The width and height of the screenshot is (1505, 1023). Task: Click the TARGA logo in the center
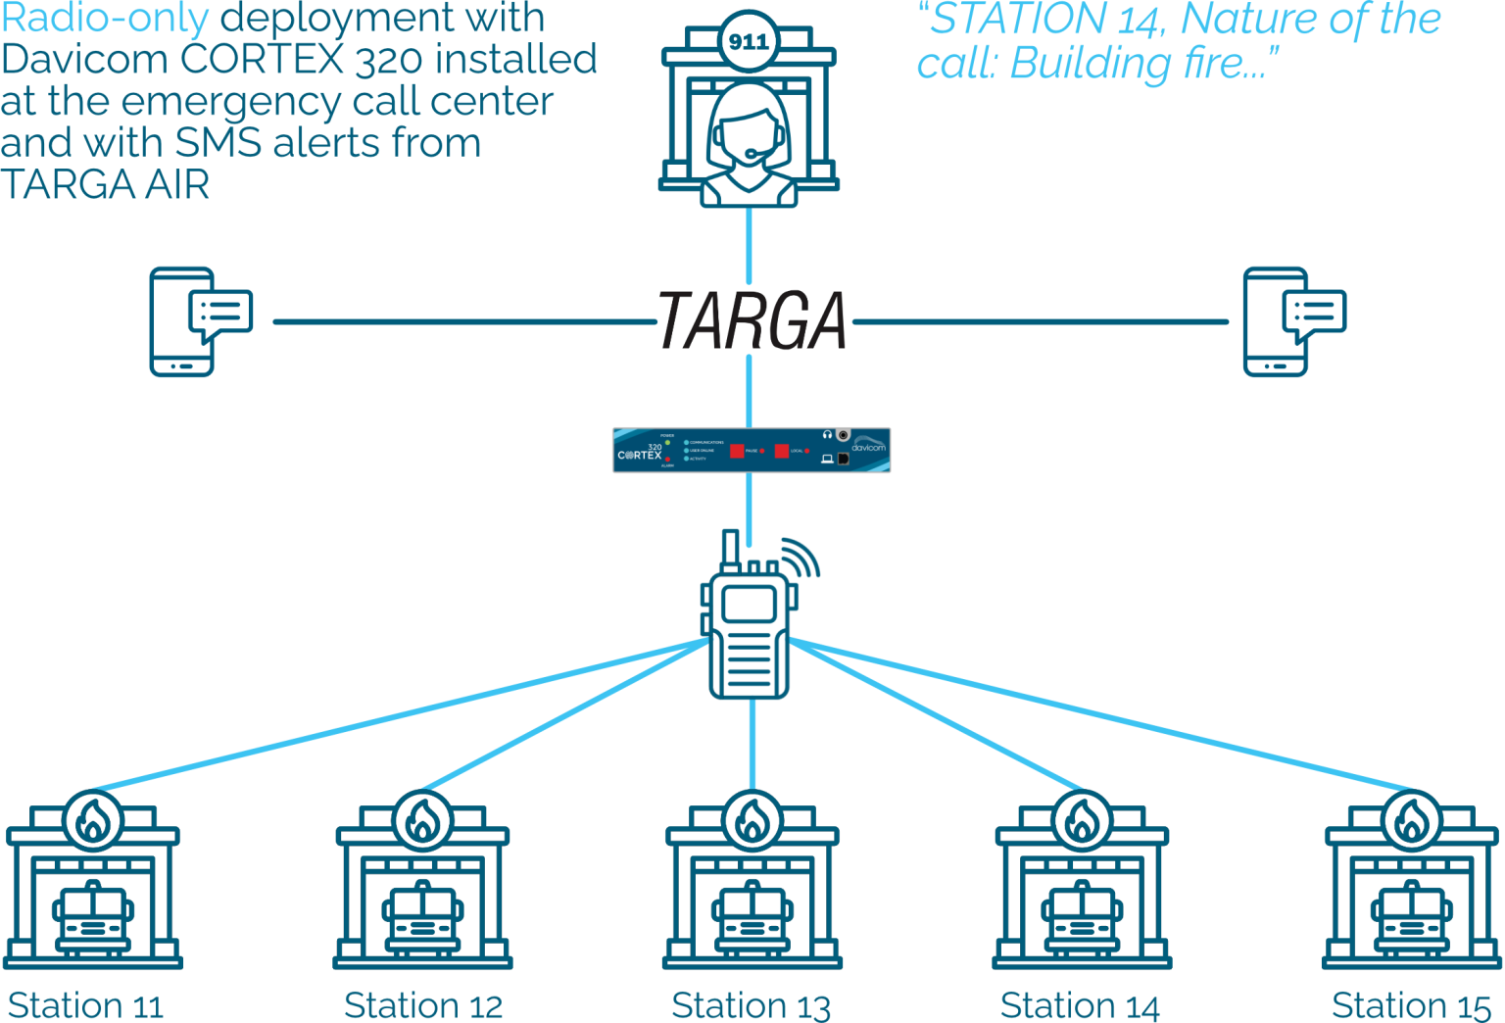coord(752,320)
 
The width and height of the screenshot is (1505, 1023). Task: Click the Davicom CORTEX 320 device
coord(752,450)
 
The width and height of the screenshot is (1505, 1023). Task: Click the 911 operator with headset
coord(750,147)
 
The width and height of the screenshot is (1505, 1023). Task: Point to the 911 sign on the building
coord(750,42)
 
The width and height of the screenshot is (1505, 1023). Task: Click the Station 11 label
coord(85,1005)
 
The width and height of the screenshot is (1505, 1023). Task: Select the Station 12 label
coord(422,1005)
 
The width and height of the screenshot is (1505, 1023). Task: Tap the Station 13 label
coord(751,1005)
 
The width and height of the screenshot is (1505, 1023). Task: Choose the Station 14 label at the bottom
coord(1079,1005)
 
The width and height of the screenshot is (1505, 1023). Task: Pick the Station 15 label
coord(1411,1005)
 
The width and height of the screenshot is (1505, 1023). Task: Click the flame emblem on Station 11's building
coord(93,821)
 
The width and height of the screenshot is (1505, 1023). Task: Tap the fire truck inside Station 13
coord(752,919)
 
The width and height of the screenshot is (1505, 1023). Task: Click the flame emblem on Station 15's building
coord(1412,821)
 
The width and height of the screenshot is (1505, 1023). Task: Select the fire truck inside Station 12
coord(422,919)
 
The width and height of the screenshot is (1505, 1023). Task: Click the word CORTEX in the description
coord(263,60)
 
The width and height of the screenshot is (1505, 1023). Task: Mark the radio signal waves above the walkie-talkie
coord(801,557)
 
